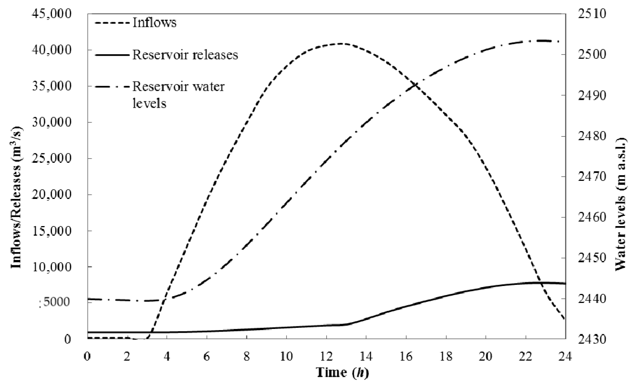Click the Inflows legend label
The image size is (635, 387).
155,23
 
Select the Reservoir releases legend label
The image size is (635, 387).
185,55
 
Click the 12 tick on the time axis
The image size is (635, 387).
326,356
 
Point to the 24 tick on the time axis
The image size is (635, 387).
565,356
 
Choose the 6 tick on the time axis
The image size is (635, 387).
207,356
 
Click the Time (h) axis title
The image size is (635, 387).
342,373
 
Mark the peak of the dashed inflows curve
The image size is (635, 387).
342,43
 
